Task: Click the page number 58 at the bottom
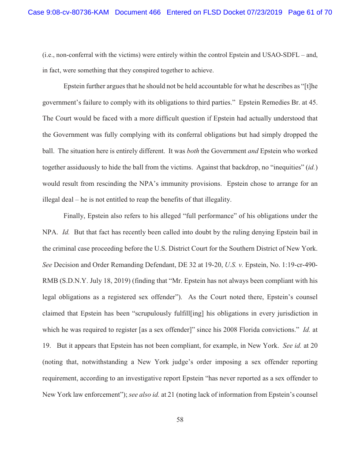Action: click(180, 420)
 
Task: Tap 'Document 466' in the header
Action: click(138, 12)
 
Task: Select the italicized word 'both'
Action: click(193, 151)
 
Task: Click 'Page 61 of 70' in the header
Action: click(310, 12)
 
